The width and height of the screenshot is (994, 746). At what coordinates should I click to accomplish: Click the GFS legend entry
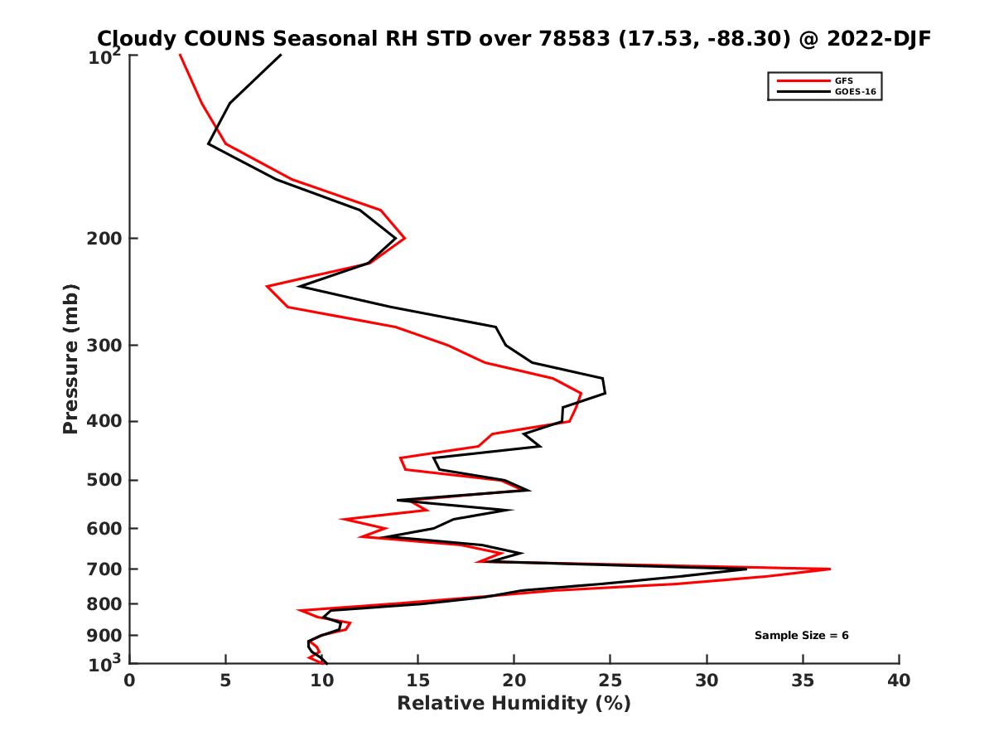tap(844, 80)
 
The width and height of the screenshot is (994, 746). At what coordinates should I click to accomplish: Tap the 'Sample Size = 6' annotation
tap(801, 635)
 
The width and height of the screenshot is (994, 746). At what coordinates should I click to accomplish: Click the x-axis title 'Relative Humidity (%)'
tap(514, 704)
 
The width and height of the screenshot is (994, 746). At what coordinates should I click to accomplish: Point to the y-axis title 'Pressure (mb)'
tap(70, 358)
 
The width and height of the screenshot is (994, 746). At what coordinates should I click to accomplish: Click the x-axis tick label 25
tap(610, 681)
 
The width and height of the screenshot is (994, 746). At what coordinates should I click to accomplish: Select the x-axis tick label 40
tap(899, 681)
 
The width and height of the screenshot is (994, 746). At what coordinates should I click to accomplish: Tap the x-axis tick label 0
tap(130, 681)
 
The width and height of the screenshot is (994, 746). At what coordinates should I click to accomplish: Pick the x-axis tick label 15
tap(418, 681)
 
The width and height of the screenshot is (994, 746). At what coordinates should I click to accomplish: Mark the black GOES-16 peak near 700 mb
tap(746, 569)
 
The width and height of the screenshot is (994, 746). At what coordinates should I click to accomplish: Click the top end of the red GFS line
tap(180, 55)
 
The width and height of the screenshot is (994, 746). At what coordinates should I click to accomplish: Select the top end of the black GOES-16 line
tap(281, 55)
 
